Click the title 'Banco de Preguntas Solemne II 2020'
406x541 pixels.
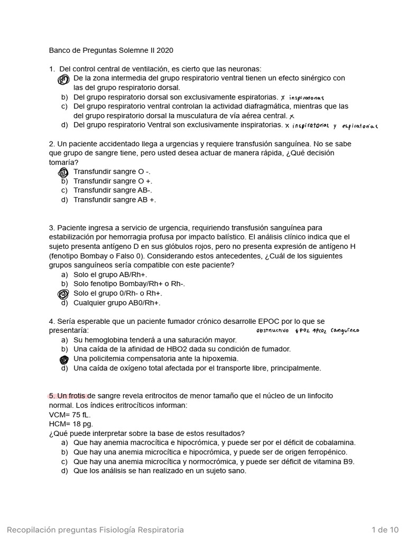point(111,51)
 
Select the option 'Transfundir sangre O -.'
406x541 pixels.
point(112,172)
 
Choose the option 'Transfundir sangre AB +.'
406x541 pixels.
point(114,200)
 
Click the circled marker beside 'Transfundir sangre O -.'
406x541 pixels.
point(63,172)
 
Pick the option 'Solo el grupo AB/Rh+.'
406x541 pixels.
point(110,275)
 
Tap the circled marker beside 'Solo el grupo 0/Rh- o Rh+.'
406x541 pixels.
point(63,294)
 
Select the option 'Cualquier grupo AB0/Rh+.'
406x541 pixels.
point(116,303)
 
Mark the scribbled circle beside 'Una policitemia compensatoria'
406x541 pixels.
point(64,359)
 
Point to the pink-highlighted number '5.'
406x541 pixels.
point(52,396)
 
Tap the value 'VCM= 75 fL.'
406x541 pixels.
point(70,415)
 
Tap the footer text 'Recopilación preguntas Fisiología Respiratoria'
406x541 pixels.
point(95,529)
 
